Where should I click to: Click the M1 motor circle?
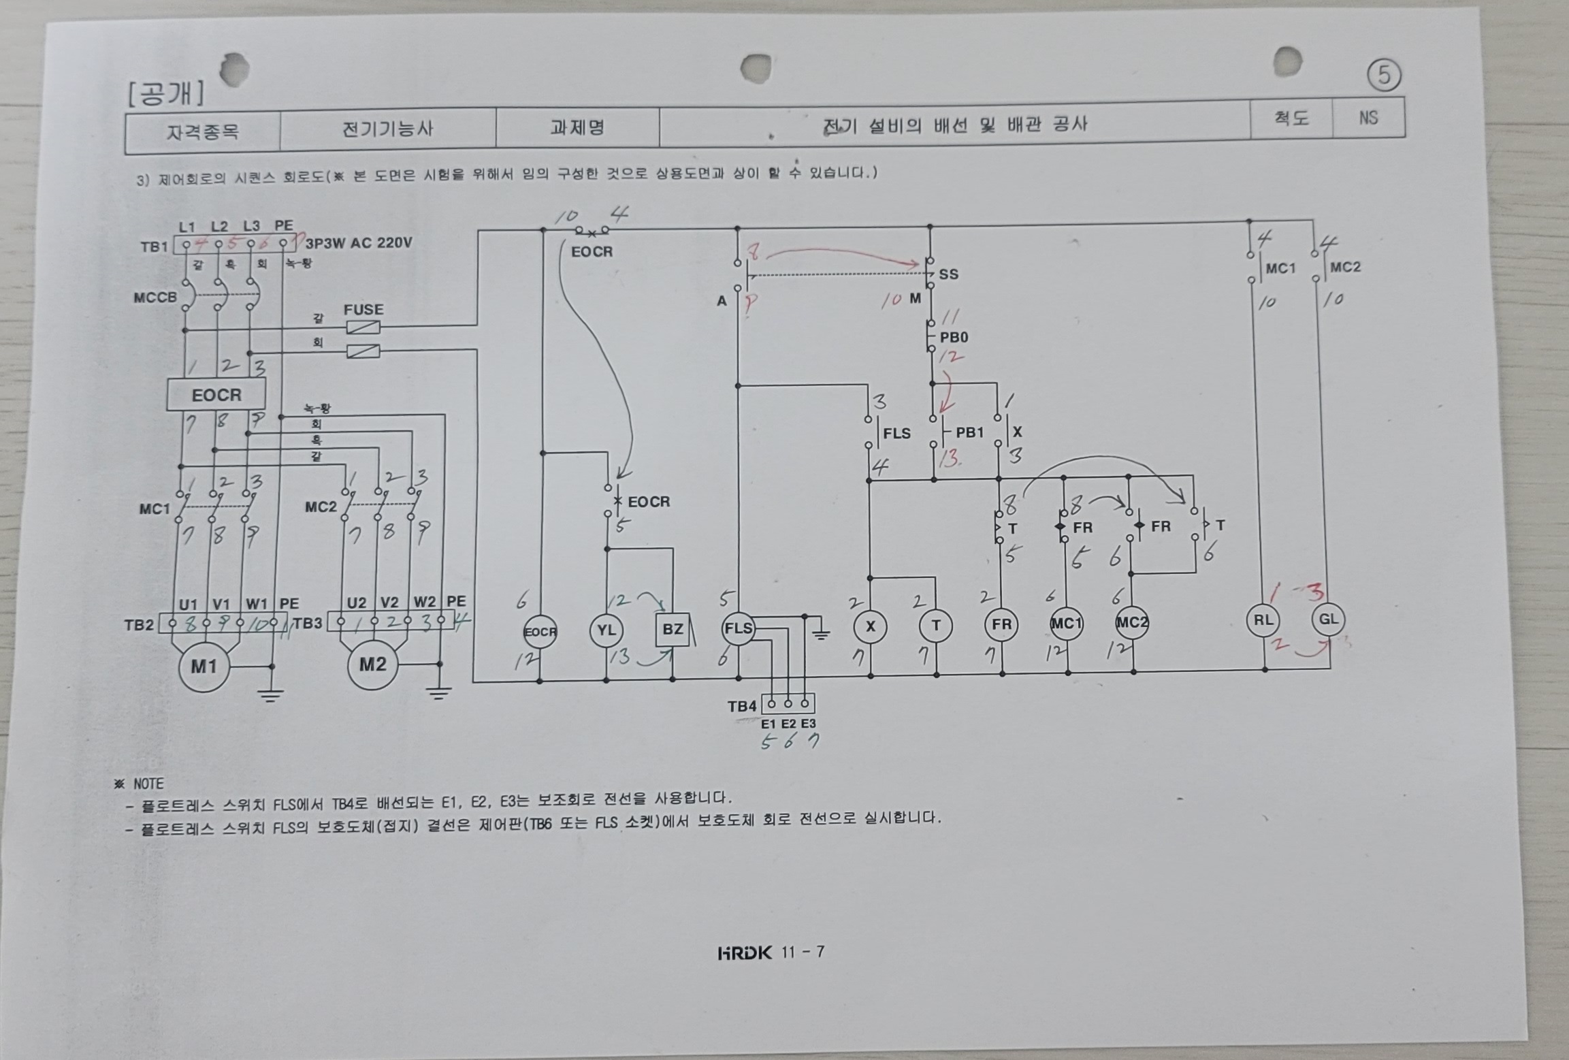coord(204,666)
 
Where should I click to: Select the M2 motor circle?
coord(372,664)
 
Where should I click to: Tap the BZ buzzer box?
coord(673,629)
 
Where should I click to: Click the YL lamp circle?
coord(606,630)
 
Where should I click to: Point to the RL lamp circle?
coord(1263,620)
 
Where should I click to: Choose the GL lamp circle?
coord(1328,620)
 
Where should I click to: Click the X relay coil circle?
coord(870,626)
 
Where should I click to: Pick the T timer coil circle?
coord(936,626)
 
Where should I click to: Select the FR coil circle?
coord(1001,624)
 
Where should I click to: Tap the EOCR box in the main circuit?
coord(216,395)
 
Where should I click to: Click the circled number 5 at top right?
coord(1384,76)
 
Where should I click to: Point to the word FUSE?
coord(363,309)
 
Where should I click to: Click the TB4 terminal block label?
coord(742,706)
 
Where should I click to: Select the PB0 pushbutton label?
coord(954,337)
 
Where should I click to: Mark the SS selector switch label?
coord(948,274)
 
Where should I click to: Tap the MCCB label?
coord(155,298)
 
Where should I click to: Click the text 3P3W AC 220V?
coord(359,243)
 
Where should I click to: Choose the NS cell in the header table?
coord(1368,118)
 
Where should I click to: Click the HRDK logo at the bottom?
coord(745,952)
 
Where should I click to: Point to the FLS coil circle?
coord(739,628)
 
